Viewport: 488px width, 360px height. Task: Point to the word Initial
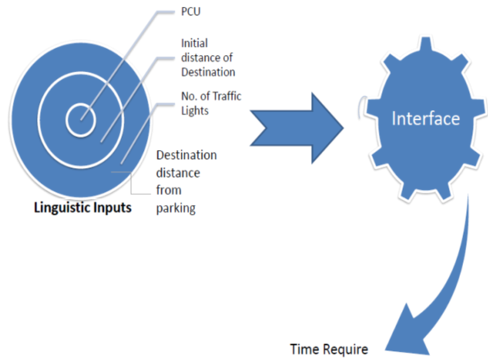coord(194,44)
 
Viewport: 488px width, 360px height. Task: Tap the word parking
coord(175,209)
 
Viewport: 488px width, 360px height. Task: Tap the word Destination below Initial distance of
coord(208,72)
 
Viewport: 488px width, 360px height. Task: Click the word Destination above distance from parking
coord(186,155)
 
